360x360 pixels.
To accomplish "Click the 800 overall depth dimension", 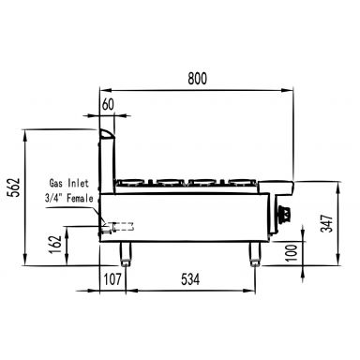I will click(x=196, y=80).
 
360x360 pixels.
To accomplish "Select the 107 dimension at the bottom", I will click(x=111, y=278).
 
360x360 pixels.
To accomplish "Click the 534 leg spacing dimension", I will click(x=190, y=278).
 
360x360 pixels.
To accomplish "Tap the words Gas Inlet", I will click(x=67, y=184).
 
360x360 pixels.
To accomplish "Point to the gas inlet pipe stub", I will click(x=122, y=225).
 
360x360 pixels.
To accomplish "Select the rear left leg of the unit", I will click(x=125, y=252).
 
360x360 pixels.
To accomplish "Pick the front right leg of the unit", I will click(x=254, y=252).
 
